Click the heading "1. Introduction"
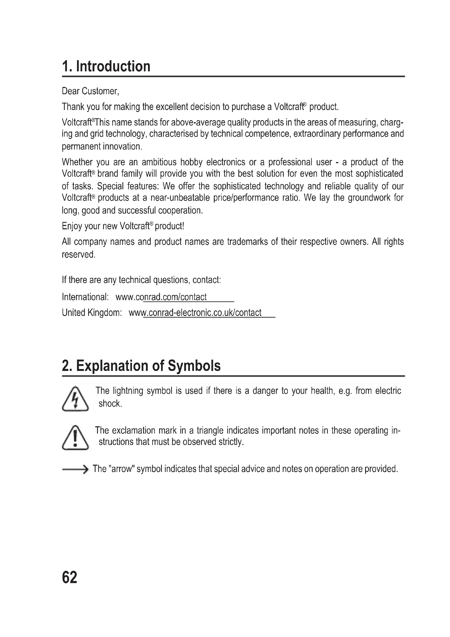click(106, 66)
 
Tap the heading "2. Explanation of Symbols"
click(141, 366)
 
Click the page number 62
click(70, 577)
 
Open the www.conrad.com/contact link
click(161, 297)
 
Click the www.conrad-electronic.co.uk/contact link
click(195, 313)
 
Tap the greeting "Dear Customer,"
click(90, 91)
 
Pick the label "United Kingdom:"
click(92, 313)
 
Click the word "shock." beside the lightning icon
click(110, 404)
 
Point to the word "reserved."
click(79, 254)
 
